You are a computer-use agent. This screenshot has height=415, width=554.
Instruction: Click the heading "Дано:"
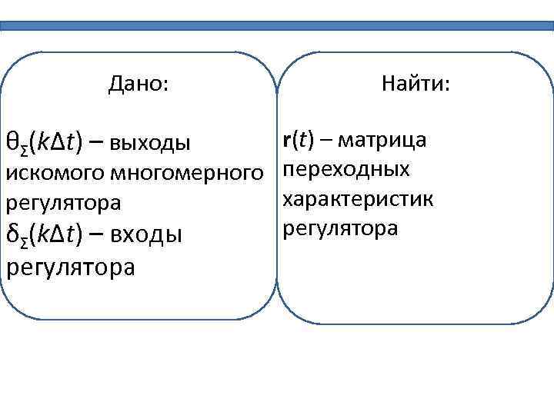pyautogui.click(x=138, y=83)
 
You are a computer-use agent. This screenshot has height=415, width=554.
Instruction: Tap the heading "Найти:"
pyautogui.click(x=415, y=83)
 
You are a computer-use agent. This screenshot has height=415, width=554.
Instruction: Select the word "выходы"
pyautogui.click(x=149, y=142)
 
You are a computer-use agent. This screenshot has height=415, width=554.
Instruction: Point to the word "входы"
pyautogui.click(x=145, y=234)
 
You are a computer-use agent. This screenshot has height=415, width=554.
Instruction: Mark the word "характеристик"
pyautogui.click(x=359, y=199)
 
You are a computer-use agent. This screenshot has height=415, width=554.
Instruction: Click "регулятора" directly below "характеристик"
pyautogui.click(x=340, y=228)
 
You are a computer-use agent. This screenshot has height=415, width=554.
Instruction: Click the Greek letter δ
pyautogui.click(x=12, y=233)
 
